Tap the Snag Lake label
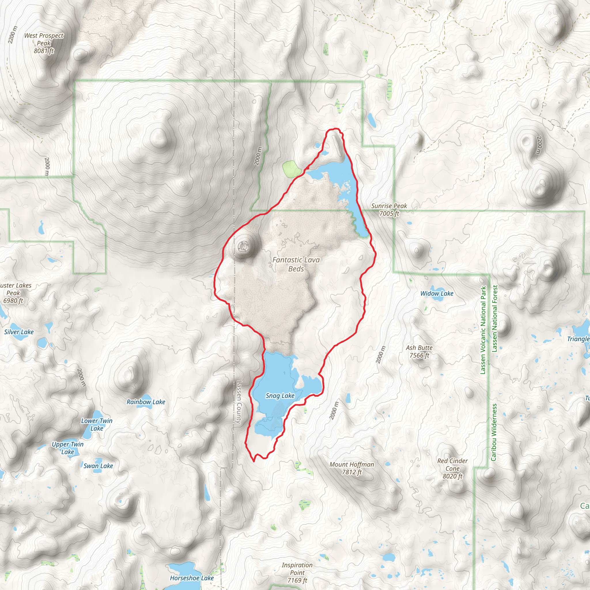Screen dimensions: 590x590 tap(280, 396)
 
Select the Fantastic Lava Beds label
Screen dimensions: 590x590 tap(296, 264)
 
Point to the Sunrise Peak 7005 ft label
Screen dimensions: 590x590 tap(389, 209)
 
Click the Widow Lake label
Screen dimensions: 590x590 tap(437, 294)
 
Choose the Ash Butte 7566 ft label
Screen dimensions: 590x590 tap(419, 351)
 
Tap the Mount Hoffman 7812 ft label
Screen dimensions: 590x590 tap(351, 468)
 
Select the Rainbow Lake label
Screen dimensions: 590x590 tap(146, 402)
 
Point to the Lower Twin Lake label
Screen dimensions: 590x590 tap(97, 424)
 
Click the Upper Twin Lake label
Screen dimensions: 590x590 tap(67, 448)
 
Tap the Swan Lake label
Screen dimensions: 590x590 tap(98, 466)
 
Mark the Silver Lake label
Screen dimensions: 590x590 tap(19, 332)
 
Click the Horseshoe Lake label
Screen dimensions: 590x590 tap(192, 578)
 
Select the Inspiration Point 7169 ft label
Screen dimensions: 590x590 tap(297, 573)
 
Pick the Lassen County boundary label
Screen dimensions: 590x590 tap(239, 402)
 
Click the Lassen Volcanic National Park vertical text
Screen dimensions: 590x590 tap(483, 330)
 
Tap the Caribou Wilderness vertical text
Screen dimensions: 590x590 tap(493, 432)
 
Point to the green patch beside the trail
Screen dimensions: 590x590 tap(292, 169)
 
